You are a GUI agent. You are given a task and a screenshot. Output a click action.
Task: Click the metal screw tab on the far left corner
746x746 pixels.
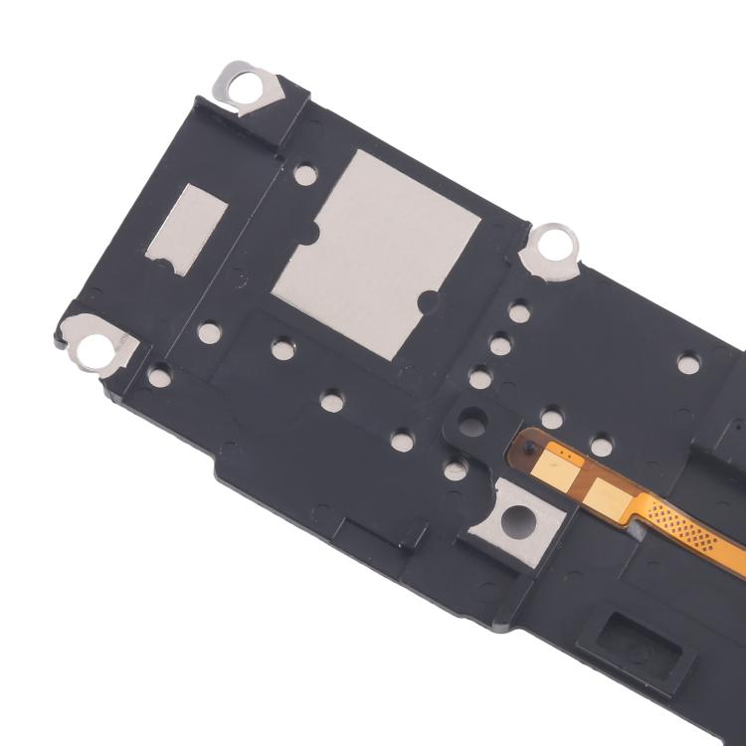96,343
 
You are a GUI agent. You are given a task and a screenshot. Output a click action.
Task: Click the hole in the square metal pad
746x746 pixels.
516,517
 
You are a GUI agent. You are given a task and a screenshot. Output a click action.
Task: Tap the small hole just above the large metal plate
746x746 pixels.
305,174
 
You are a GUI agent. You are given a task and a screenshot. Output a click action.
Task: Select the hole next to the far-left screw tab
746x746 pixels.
159,374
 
